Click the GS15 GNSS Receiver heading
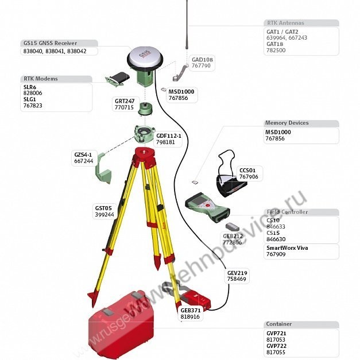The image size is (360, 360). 50,43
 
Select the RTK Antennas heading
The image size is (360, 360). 285,23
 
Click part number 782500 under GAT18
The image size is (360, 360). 276,51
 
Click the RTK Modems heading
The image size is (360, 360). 41,79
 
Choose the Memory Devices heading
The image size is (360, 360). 287,123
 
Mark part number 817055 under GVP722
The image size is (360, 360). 276,352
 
